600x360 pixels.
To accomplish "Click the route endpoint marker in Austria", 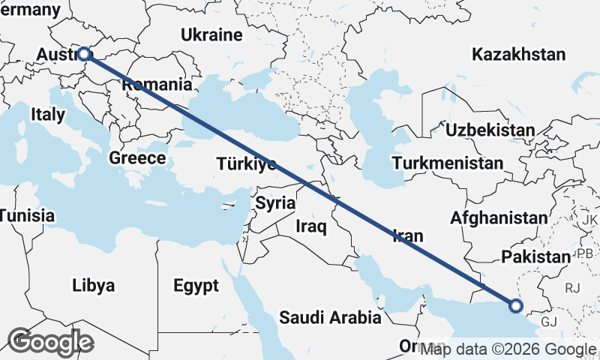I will point(84,54).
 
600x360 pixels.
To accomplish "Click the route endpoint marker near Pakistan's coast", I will point(515,305).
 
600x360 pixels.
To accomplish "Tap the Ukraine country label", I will point(211,34).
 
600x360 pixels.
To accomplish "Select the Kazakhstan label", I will point(518,54).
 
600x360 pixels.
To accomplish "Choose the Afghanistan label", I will point(499,217).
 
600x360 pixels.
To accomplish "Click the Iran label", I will point(408,235).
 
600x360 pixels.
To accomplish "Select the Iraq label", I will point(310,226).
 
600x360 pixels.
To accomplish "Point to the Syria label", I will point(275,202).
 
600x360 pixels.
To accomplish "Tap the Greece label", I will point(137,158).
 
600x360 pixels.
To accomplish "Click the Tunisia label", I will point(27,216).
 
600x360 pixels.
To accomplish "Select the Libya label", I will point(94,285).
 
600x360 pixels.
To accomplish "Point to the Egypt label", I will point(196,285).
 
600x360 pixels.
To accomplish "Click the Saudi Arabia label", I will point(330,317).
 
